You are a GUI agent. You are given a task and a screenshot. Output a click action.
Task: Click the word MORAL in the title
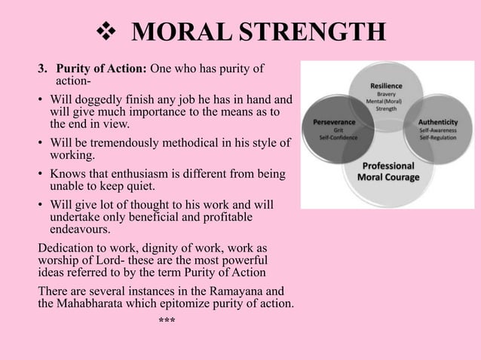tap(179, 33)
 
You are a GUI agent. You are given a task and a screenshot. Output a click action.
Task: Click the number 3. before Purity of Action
tap(43, 69)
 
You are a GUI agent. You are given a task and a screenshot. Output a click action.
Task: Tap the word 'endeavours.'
tap(80, 229)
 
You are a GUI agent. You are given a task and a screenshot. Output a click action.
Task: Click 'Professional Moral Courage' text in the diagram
tap(388, 171)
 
